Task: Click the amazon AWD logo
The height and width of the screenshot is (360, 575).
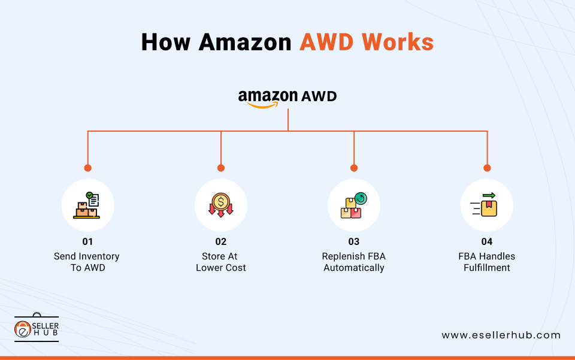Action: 287,98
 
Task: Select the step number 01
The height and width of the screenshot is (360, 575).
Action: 88,241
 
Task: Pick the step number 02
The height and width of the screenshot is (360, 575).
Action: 221,241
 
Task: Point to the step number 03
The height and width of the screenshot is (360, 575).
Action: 354,241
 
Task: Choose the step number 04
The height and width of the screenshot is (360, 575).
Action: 487,241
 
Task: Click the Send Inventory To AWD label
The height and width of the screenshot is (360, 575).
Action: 87,262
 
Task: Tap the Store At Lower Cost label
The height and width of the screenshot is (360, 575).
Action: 221,262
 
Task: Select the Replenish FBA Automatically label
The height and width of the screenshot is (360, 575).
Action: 354,262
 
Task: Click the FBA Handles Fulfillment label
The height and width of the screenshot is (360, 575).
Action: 487,262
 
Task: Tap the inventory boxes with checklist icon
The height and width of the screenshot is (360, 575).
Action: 88,205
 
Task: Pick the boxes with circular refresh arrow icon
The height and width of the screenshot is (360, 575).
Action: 354,205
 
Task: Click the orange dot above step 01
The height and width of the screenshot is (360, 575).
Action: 88,168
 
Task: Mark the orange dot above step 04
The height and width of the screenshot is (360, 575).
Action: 487,168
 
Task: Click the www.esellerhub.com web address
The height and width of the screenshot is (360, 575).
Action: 501,335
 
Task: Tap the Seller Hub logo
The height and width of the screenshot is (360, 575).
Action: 37,328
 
